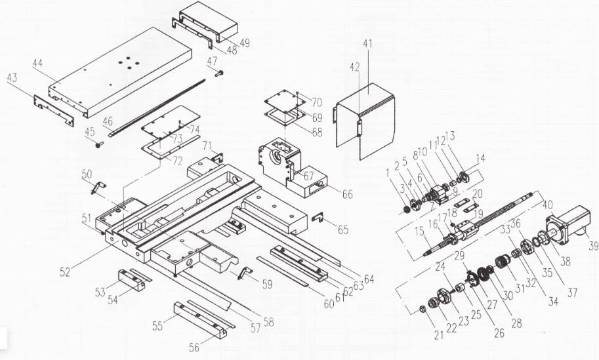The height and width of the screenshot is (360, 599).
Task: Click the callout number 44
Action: click(37, 64)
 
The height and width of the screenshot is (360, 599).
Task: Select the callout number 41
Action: click(367, 43)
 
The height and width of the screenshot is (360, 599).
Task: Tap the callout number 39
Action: click(593, 246)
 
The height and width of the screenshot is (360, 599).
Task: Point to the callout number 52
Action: click(65, 272)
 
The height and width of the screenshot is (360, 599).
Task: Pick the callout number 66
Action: click(347, 194)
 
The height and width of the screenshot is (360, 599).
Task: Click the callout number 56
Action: click(194, 347)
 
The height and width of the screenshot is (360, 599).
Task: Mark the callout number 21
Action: click(439, 335)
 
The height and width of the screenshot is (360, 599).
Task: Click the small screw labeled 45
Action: click(100, 144)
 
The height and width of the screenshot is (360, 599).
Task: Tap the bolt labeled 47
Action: click(219, 73)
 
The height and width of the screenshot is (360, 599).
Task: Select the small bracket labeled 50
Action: click(98, 188)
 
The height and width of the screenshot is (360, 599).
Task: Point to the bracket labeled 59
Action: click(245, 273)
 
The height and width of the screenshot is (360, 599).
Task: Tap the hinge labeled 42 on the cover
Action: click(360, 127)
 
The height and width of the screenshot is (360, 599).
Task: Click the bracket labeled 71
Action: click(218, 157)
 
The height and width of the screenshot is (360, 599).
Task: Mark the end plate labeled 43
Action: click(54, 110)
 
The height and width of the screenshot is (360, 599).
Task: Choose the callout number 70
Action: click(317, 102)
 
